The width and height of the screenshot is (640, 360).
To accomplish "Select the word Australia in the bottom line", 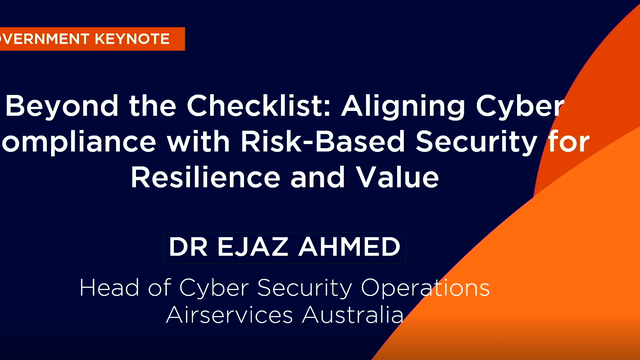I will point(350,315).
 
